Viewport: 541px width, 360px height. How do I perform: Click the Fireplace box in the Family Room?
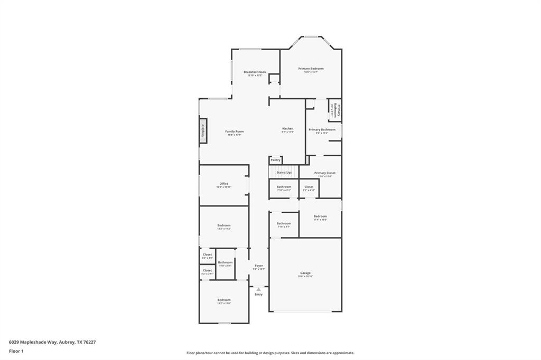click(202, 131)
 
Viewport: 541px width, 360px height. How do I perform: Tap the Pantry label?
click(275, 160)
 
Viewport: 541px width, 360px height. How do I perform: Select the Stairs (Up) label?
click(284, 173)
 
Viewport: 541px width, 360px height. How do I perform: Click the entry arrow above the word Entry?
click(258, 289)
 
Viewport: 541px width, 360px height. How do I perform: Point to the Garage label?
click(305, 273)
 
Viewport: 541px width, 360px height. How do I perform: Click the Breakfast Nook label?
click(255, 72)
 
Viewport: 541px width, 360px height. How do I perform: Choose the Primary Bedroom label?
click(311, 69)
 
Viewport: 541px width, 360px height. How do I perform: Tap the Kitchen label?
click(287, 128)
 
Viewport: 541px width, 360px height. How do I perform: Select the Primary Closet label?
click(324, 173)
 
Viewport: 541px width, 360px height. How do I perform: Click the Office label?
click(224, 184)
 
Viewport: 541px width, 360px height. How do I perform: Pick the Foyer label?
click(259, 266)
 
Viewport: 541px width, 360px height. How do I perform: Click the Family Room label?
click(235, 131)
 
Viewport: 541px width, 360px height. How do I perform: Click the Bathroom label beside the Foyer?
click(226, 262)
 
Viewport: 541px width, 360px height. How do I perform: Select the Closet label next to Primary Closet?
click(309, 186)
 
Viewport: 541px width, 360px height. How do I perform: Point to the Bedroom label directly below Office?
click(224, 225)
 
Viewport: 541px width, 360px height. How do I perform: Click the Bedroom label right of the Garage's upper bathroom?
click(320, 216)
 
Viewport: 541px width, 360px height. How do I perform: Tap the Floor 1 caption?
click(16, 350)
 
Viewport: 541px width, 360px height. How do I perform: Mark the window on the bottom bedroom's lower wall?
click(224, 323)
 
